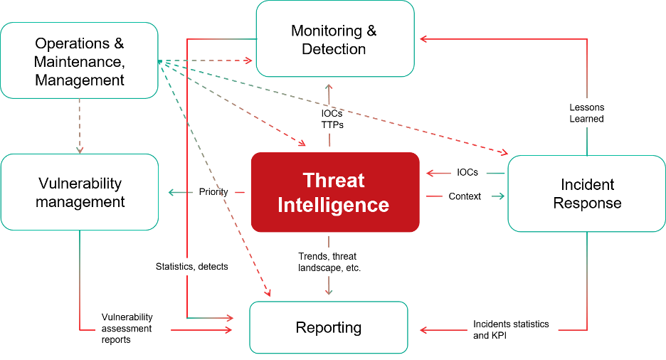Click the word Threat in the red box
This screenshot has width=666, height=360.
pos(334,180)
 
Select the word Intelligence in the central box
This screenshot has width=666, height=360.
pos(334,205)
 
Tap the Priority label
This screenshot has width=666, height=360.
pos(213,192)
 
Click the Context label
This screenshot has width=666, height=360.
pos(465,196)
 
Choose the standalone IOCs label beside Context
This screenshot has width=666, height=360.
pos(468,172)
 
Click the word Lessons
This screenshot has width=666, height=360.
pos(587,107)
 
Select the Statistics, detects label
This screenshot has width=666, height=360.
pos(192,267)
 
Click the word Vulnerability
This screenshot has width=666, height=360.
pos(127,317)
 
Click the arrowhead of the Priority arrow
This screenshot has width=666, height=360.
pos(170,192)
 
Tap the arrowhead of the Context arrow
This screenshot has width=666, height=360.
pos(502,196)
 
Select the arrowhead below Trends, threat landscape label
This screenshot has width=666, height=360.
pos(329,292)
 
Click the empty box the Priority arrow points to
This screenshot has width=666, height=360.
pos(79,192)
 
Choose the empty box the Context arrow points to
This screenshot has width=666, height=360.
pos(586,194)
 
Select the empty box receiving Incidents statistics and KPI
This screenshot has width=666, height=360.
pos(329,327)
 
